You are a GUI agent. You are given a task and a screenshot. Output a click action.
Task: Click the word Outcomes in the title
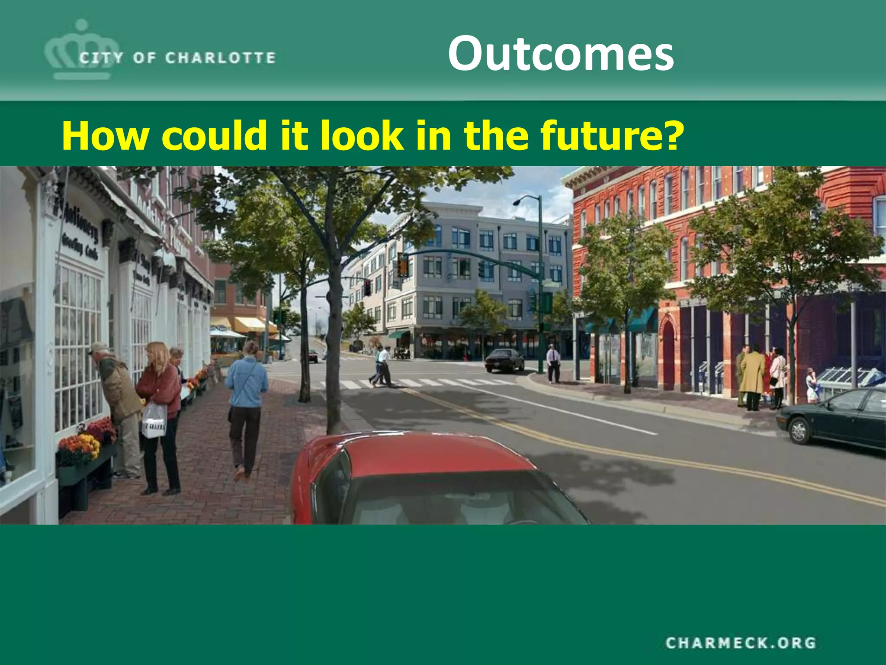click(560, 54)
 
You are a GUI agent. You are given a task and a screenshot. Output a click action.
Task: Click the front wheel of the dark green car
click(799, 431)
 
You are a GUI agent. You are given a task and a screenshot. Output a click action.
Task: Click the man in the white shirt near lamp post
click(553, 363)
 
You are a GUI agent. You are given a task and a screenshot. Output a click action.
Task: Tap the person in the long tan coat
click(753, 377)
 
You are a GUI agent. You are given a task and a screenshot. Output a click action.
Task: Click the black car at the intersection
click(504, 360)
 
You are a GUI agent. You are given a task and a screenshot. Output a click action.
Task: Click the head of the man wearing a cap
click(100, 349)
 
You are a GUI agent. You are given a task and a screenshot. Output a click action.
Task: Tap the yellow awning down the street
click(249, 324)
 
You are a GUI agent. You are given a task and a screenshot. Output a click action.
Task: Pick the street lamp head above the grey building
click(518, 202)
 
